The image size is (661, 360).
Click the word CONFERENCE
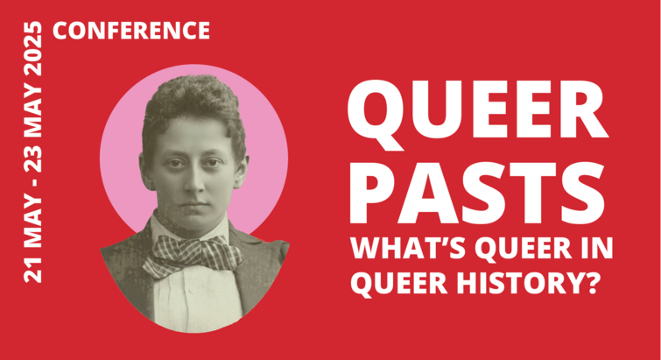tap(131, 31)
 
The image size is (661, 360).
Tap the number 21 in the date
tap(34, 271)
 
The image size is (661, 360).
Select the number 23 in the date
tap(34, 158)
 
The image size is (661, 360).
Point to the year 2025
tap(34, 47)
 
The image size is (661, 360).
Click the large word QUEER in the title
tap(478, 110)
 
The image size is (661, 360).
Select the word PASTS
tap(477, 193)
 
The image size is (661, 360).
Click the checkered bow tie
tap(193, 256)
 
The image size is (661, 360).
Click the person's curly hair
tap(193, 105)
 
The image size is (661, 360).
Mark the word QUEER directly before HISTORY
tap(399, 284)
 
